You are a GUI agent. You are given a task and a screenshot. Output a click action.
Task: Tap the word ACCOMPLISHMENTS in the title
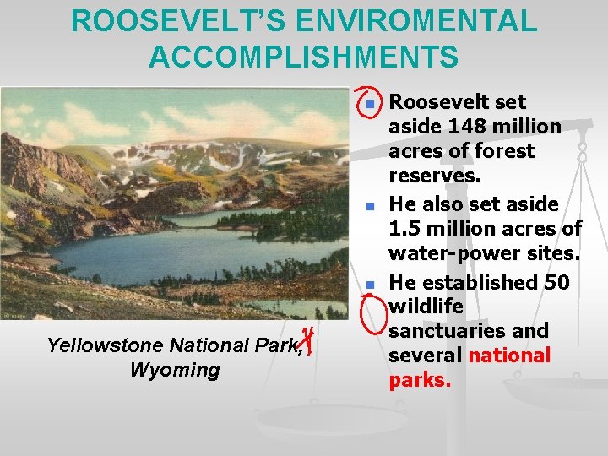pyautogui.click(x=304, y=57)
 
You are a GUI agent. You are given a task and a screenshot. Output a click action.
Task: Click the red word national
pyautogui.click(x=508, y=356)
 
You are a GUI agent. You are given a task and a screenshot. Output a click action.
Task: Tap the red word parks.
pyautogui.click(x=420, y=380)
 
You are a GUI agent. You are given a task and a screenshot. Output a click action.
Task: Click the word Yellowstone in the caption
pyautogui.click(x=105, y=345)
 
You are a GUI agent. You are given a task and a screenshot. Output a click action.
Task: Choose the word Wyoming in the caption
pyautogui.click(x=175, y=370)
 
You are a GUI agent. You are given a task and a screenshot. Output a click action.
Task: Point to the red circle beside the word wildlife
pyautogui.click(x=372, y=312)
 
